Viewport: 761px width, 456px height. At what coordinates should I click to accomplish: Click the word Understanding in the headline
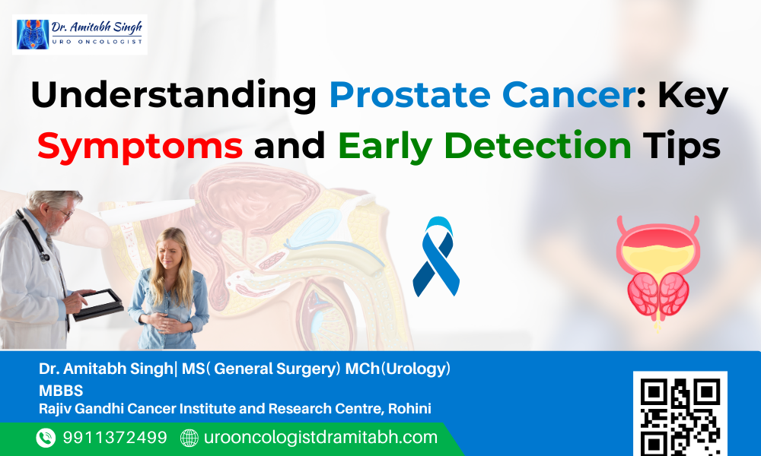[x=174, y=94]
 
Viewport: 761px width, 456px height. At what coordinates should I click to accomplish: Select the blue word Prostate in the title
[x=409, y=94]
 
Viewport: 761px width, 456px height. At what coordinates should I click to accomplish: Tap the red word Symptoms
[x=140, y=146]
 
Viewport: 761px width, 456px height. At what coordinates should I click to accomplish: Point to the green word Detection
[x=538, y=145]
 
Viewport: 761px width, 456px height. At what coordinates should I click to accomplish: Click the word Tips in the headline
[x=682, y=146]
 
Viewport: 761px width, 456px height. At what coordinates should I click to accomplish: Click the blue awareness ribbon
[x=436, y=256]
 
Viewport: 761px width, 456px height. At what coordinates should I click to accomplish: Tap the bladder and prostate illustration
[x=658, y=272]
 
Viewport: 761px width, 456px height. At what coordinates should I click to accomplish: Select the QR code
[x=680, y=414]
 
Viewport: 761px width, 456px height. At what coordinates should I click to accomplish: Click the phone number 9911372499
[x=115, y=438]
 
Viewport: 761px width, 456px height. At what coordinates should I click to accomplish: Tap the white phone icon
[x=46, y=438]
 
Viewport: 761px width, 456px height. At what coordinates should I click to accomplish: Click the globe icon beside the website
[x=189, y=438]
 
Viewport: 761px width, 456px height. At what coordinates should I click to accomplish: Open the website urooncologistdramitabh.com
[x=321, y=438]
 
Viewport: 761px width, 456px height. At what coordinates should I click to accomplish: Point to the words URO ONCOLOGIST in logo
[x=97, y=42]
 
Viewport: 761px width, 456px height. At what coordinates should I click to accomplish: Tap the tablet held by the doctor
[x=98, y=304]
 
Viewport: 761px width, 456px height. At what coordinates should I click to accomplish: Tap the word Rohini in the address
[x=410, y=409]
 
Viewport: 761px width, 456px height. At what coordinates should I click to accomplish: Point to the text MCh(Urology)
[x=398, y=369]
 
